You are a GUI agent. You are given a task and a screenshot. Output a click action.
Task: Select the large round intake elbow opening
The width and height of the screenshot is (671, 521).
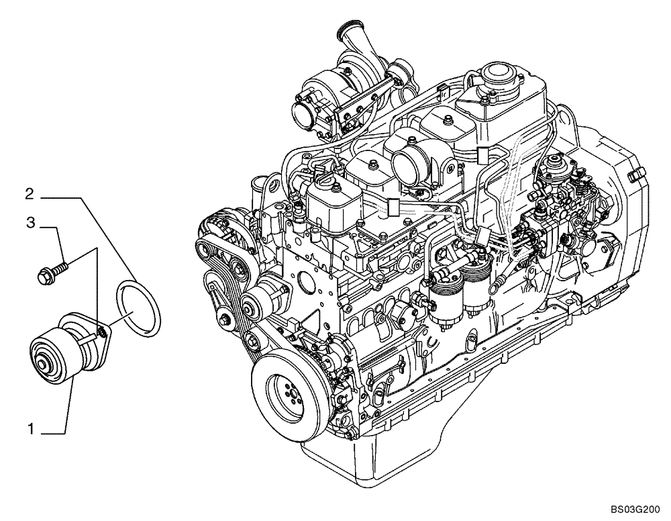coord(411,162)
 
